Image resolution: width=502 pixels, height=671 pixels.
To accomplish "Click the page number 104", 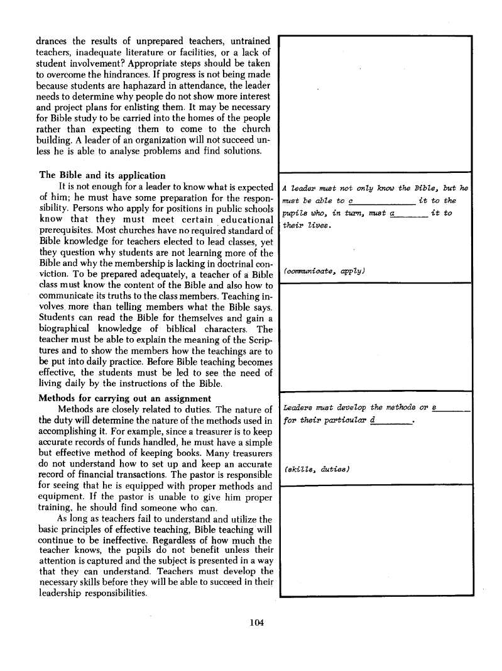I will [255, 623].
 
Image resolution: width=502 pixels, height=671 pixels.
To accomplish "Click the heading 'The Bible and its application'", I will [102, 175].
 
